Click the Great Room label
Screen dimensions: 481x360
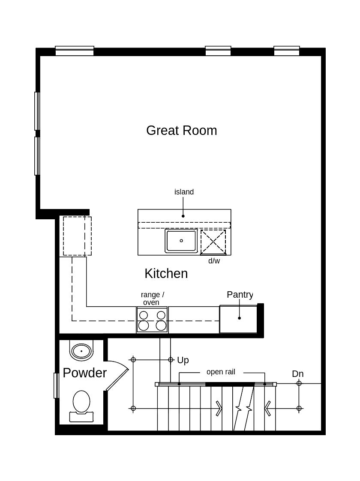(x=181, y=130)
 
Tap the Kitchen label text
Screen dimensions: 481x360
(x=166, y=273)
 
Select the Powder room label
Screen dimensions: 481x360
(x=84, y=373)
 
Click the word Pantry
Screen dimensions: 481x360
(x=240, y=295)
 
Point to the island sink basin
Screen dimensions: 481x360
(x=181, y=241)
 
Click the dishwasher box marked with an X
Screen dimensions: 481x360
(x=213, y=242)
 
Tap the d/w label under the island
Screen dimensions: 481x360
(x=214, y=261)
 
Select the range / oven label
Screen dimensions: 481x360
(x=152, y=299)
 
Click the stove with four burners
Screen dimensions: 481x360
(x=152, y=320)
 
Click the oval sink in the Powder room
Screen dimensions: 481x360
(x=81, y=351)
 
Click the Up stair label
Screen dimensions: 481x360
(x=183, y=360)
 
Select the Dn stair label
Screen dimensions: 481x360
(x=297, y=374)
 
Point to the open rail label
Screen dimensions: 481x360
(x=221, y=372)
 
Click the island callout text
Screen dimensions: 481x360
(x=184, y=192)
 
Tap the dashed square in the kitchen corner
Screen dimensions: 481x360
(x=77, y=236)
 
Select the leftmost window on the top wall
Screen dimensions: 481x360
(x=75, y=51)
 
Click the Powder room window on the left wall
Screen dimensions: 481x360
(x=56, y=385)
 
